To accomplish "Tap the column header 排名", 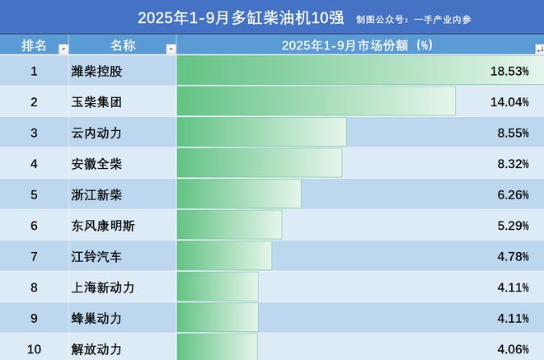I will coord(34,45).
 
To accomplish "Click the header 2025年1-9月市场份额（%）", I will coord(357,45).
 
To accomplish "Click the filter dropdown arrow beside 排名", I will coord(63,49).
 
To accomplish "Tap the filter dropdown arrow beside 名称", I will coord(171,49).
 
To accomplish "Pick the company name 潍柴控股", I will coord(97,71).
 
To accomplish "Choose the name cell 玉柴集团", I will coord(97,102).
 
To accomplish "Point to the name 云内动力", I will coord(97,133).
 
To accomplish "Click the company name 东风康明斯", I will coord(104,226).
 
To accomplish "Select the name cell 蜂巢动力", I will coord(97,318).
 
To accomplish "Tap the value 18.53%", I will coord(509,71).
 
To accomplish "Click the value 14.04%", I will coord(509,102).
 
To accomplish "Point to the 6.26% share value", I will coord(512,194).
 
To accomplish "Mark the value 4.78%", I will coord(512,256).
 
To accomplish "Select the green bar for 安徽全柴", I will coord(259,163).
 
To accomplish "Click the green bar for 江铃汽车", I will coord(224,256).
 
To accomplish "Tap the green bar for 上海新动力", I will coord(218,288).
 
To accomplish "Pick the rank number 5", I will coord(34,194).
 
